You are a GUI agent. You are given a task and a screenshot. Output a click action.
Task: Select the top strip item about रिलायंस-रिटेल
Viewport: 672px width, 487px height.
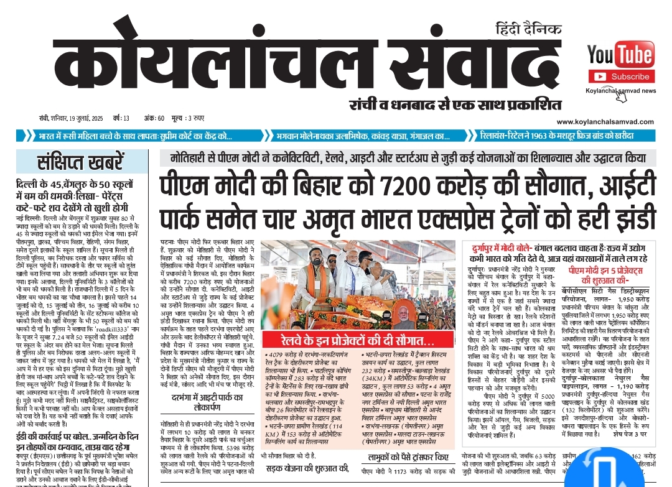click(558, 136)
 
